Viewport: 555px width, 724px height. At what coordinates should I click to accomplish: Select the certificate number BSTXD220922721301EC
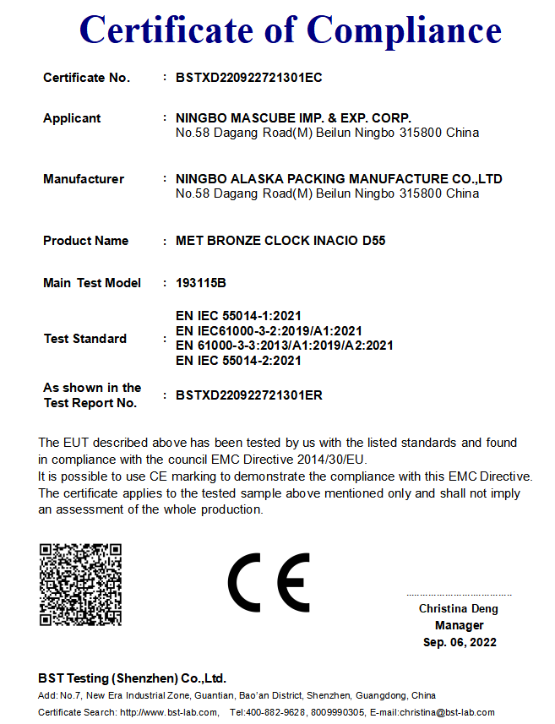pos(249,78)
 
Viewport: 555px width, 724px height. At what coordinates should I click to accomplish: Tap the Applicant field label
pos(72,118)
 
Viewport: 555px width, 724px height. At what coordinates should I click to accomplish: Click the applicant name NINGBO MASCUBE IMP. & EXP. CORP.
pos(293,118)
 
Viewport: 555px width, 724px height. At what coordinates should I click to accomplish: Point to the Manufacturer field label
pos(84,179)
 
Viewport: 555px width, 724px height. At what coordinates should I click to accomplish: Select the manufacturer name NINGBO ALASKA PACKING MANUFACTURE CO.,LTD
pos(339,179)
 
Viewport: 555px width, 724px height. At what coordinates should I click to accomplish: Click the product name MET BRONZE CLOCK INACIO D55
pos(280,241)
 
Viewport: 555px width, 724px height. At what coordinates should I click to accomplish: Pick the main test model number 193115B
pos(201,283)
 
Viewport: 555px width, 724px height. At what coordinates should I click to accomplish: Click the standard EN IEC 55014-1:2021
pos(238,316)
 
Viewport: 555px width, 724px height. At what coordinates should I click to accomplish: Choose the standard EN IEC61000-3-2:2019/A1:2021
pos(269,331)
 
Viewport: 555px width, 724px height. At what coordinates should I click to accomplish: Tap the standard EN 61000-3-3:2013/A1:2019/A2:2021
pos(284,346)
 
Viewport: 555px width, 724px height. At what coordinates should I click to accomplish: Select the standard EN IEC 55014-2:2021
pos(238,361)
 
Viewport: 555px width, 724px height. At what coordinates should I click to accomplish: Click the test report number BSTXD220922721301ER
pos(249,395)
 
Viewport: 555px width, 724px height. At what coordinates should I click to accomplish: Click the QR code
pos(80,585)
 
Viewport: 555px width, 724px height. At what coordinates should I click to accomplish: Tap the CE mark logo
pos(269,583)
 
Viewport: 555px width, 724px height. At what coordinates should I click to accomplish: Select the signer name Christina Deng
pos(459,608)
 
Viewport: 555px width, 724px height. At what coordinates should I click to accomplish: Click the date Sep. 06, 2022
pos(460,642)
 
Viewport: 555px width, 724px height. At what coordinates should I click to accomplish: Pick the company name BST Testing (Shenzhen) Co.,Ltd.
pos(133,678)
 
